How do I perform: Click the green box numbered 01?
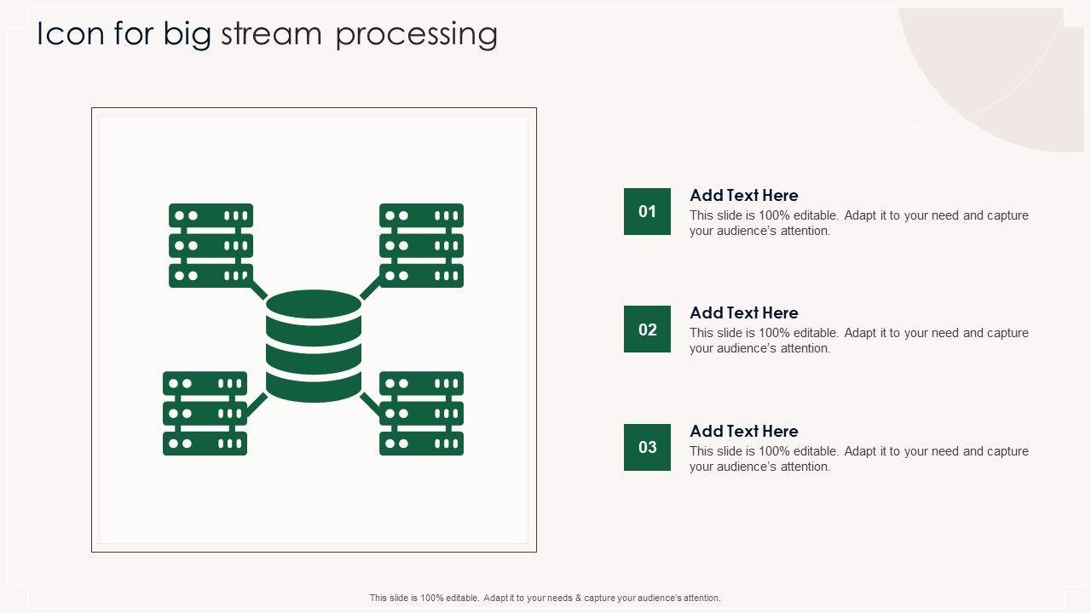pyautogui.click(x=647, y=211)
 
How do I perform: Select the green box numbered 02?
pyautogui.click(x=647, y=329)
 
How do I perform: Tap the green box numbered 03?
pyautogui.click(x=647, y=447)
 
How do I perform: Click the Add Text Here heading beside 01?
pyautogui.click(x=743, y=195)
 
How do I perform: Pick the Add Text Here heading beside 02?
pyautogui.click(x=743, y=312)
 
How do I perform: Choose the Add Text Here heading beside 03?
pyautogui.click(x=743, y=431)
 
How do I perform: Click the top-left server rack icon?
pyautogui.click(x=211, y=245)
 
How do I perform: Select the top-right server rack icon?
pyautogui.click(x=421, y=245)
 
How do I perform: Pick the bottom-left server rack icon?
pyautogui.click(x=205, y=413)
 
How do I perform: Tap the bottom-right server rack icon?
pyautogui.click(x=421, y=413)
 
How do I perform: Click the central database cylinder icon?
pyautogui.click(x=314, y=346)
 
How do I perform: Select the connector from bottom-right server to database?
pyautogui.click(x=370, y=404)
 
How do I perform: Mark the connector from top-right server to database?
pyautogui.click(x=370, y=289)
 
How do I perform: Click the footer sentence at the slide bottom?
pyautogui.click(x=545, y=598)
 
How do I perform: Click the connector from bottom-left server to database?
pyautogui.click(x=257, y=404)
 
